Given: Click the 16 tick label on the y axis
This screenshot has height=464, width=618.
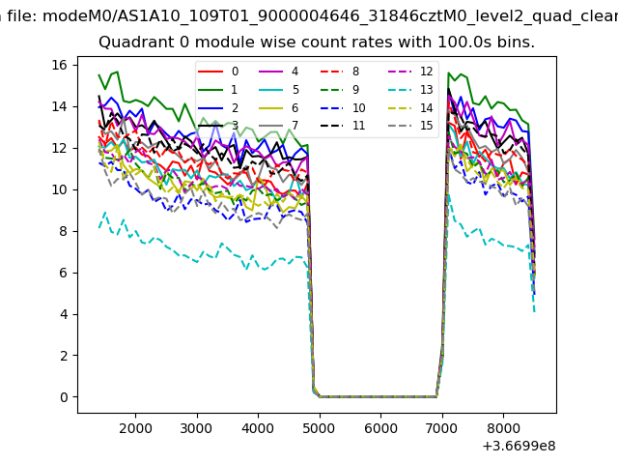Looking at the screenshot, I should (58, 65).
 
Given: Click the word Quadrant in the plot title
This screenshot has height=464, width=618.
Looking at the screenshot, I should (133, 43).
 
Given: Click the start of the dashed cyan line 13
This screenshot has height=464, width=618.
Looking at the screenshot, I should (99, 227).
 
